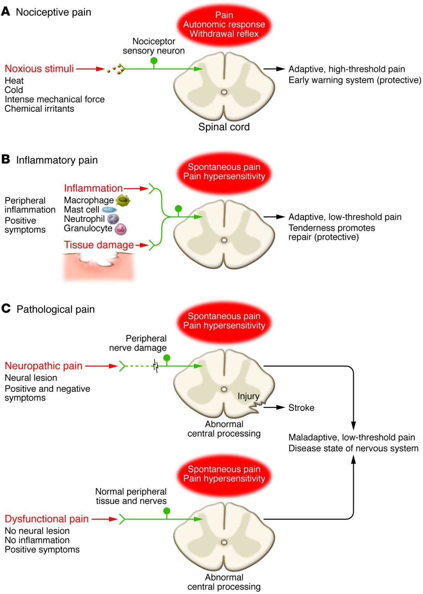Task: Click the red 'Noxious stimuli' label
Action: coord(39,69)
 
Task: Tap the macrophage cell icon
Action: coord(123,200)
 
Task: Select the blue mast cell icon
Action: coord(109,210)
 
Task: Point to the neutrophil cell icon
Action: coord(113,219)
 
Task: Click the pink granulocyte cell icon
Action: coord(120,229)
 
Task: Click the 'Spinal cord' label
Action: coord(224,127)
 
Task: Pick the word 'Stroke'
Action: coord(301,408)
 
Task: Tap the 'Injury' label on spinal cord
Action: coord(248,396)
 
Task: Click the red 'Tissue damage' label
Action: coord(99,245)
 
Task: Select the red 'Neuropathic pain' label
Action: coord(44,366)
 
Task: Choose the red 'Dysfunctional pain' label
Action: coord(47,519)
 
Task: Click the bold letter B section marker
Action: coord(5,159)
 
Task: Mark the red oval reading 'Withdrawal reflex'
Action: coord(224,25)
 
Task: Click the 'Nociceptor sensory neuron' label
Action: coord(154,46)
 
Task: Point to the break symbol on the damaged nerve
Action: coord(156,366)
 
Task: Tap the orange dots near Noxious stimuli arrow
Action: coord(116,69)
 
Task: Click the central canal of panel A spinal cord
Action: coord(224,92)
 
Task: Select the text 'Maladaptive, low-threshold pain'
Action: coord(352,437)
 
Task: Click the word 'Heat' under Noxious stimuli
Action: coord(14,81)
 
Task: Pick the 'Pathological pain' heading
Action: coord(56,309)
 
